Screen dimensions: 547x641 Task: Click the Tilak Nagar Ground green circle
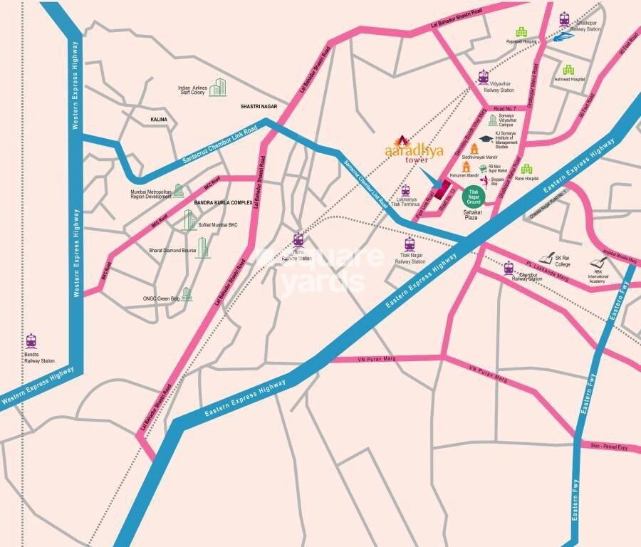474,196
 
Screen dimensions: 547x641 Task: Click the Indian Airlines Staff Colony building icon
217,88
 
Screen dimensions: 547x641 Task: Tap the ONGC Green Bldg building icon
187,293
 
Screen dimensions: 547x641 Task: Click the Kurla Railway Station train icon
298,240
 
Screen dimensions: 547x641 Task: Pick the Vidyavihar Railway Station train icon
484,77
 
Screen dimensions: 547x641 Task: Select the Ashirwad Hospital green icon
568,70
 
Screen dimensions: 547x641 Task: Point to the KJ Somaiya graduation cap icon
486,140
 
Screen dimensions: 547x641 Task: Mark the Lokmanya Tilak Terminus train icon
405,191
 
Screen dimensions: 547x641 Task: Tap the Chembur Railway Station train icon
509,268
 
